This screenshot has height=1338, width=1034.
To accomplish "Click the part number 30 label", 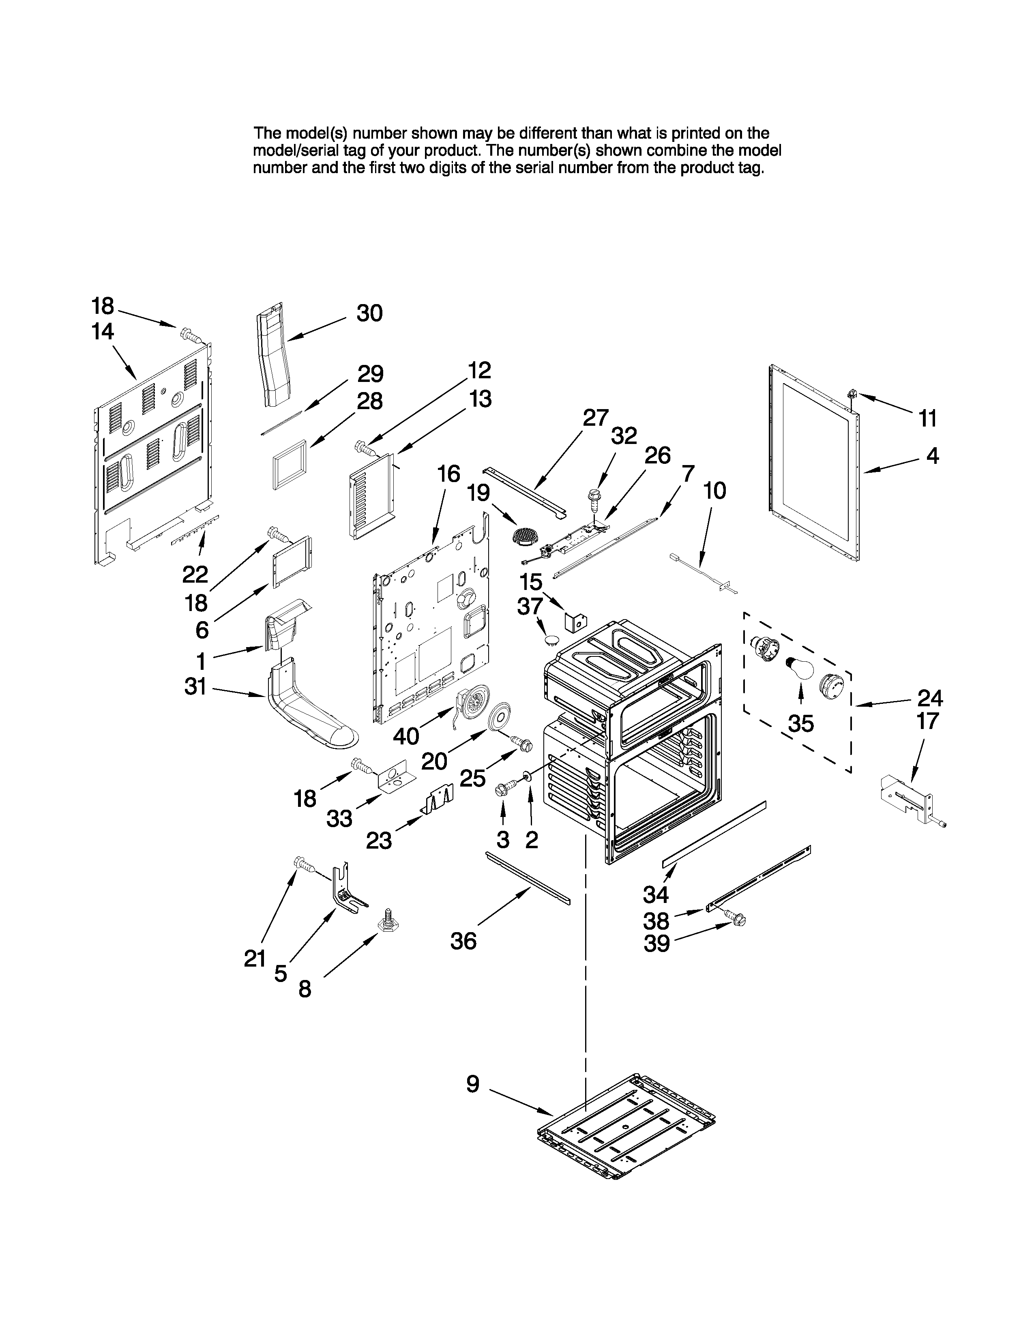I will tap(369, 314).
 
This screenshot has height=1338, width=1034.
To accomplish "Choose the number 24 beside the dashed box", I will tap(930, 698).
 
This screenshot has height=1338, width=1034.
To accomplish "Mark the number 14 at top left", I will tap(103, 332).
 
